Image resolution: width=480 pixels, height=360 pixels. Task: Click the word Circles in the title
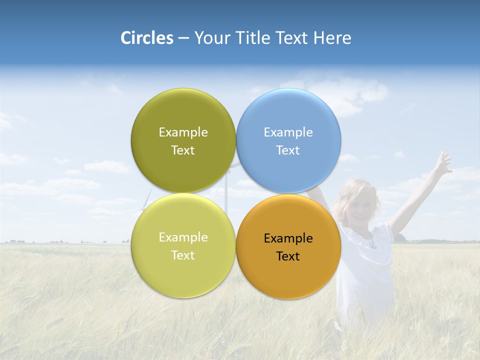(147, 38)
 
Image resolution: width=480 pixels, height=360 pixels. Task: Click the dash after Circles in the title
(183, 38)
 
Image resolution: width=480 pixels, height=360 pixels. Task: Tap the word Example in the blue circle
(288, 132)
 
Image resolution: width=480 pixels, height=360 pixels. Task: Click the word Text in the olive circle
(183, 150)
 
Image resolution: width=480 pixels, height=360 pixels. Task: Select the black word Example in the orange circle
(288, 238)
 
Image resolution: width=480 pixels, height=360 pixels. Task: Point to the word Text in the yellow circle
(183, 255)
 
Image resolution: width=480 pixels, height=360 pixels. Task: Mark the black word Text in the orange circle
(288, 256)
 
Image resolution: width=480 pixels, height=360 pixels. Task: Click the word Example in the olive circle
(183, 132)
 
